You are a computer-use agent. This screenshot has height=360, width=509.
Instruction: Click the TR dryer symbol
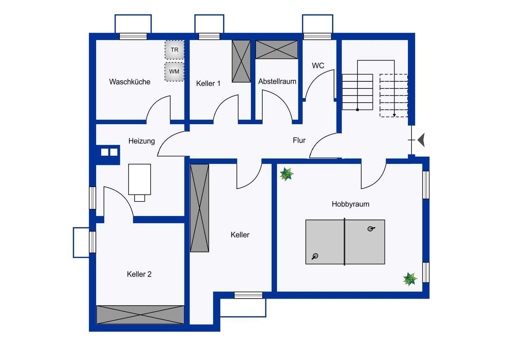[175, 50]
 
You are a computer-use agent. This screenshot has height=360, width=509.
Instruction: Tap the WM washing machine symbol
[174, 71]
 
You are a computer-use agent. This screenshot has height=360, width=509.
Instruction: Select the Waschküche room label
[130, 82]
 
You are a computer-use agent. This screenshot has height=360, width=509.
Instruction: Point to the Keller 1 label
[209, 83]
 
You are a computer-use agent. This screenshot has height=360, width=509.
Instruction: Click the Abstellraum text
[277, 81]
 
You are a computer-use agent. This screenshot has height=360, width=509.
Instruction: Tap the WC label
[318, 66]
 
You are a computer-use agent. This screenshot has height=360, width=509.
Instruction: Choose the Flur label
[299, 140]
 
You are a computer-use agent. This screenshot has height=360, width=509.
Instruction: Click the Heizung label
[141, 141]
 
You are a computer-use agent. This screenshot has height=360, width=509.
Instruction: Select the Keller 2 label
[139, 274]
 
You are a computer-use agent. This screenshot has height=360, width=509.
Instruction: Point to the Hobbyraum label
[350, 204]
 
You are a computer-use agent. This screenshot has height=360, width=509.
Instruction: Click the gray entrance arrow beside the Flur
[421, 140]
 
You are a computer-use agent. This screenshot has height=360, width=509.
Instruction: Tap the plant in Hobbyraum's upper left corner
[287, 174]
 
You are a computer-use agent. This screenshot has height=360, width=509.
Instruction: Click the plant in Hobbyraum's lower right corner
[410, 279]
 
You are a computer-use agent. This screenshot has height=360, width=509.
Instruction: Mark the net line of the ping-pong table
[345, 242]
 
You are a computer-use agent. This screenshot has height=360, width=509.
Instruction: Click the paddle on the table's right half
[371, 229]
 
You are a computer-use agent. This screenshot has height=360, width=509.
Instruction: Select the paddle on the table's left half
[315, 256]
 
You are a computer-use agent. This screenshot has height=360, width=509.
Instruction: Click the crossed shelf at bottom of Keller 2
[140, 315]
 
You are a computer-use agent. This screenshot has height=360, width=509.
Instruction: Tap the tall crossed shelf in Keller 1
[241, 61]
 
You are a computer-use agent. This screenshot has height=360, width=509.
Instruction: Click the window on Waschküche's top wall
[133, 36]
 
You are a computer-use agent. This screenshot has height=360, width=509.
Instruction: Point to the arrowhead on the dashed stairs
[394, 115]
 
